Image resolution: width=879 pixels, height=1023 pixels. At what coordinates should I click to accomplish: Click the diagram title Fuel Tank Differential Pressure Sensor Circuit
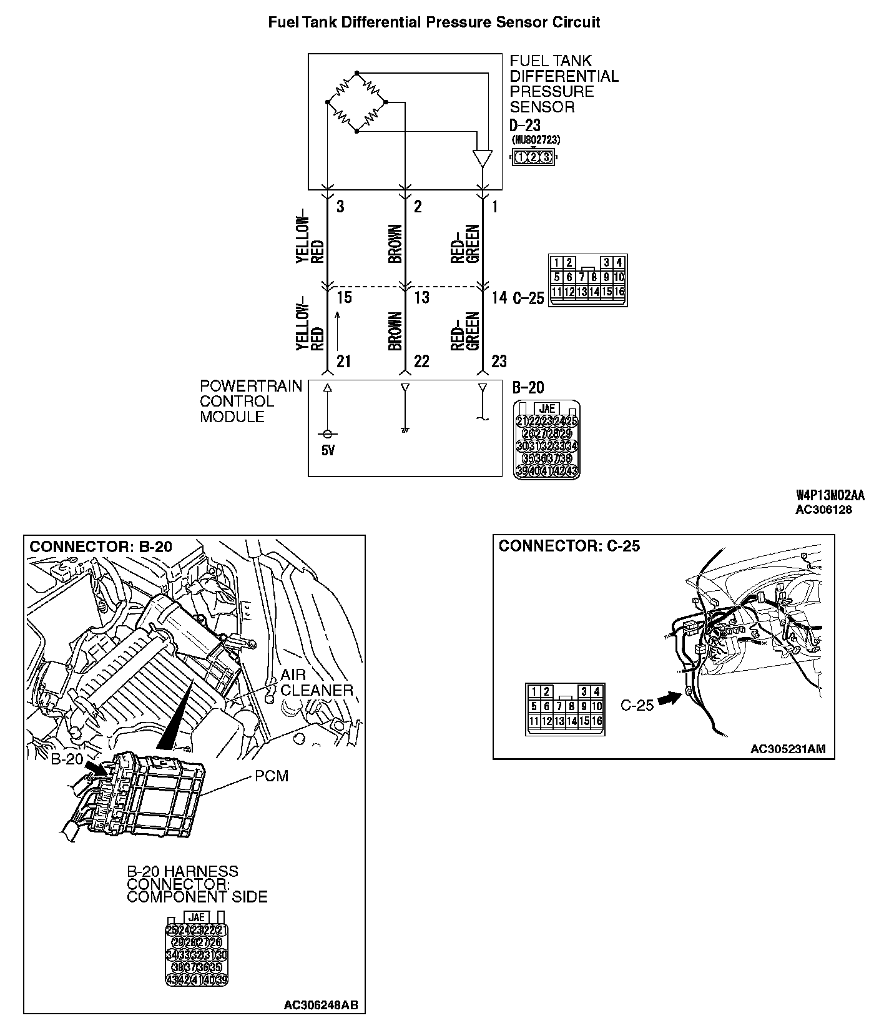(434, 23)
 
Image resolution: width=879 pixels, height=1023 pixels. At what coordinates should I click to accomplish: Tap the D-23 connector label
(524, 126)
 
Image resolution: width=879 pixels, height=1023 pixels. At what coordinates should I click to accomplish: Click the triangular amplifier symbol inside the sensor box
(482, 158)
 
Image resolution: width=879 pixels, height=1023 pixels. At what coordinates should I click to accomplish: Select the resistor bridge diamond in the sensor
(356, 102)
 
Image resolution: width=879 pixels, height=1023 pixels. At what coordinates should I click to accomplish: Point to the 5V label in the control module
(328, 450)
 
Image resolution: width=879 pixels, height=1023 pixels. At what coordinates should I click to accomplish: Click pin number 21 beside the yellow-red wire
(343, 361)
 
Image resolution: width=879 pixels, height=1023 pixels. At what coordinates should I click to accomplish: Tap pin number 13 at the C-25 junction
(422, 297)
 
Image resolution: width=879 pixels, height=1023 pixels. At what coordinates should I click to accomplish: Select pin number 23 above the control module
(499, 361)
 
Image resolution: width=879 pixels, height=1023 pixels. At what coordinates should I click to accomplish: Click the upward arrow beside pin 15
(337, 330)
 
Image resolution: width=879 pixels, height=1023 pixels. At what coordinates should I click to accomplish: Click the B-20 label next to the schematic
(528, 388)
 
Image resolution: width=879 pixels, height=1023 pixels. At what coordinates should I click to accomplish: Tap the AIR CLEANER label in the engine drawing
(317, 683)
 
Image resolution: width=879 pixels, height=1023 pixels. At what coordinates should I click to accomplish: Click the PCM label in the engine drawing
(272, 776)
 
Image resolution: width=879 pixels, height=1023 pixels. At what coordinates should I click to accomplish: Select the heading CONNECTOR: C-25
(569, 546)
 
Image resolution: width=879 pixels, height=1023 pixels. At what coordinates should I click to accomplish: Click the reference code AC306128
(823, 510)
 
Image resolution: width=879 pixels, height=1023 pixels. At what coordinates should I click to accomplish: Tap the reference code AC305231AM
(792, 749)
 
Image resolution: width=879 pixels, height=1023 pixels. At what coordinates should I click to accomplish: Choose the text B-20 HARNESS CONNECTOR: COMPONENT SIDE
(197, 884)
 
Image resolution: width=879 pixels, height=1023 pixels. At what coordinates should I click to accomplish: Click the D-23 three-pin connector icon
(534, 157)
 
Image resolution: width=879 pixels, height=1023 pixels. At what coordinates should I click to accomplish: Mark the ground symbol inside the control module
(405, 430)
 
